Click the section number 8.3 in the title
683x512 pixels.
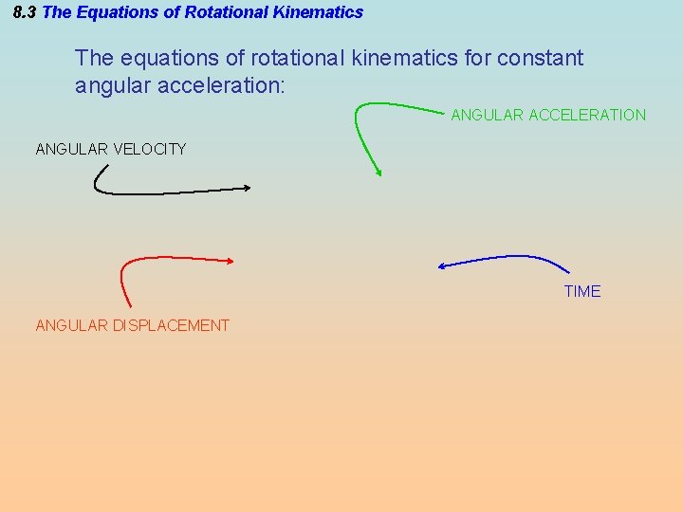point(26,12)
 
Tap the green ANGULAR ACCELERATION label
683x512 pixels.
point(548,115)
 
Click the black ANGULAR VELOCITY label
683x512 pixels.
point(111,149)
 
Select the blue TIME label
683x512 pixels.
point(582,291)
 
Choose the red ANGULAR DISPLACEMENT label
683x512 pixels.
point(133,325)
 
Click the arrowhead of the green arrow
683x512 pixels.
point(379,174)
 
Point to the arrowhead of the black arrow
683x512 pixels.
point(248,187)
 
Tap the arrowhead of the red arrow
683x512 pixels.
point(230,260)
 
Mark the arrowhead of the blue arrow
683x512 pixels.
point(441,266)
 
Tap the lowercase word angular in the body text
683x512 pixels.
point(109,86)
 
